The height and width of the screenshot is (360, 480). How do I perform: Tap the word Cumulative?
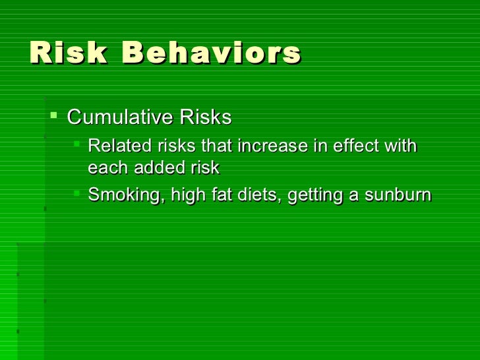[119, 117]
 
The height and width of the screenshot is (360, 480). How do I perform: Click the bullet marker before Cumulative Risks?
[54, 117]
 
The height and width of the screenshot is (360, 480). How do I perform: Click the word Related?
[114, 146]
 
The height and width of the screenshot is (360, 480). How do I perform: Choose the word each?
[109, 168]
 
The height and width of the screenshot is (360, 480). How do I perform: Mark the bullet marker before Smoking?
[77, 194]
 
